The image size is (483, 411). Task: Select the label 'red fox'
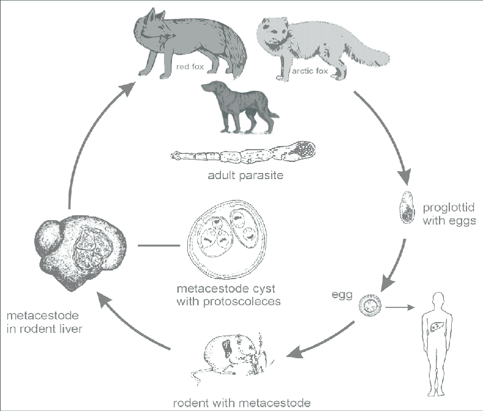click(x=189, y=66)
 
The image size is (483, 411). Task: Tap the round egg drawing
click(x=371, y=305)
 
